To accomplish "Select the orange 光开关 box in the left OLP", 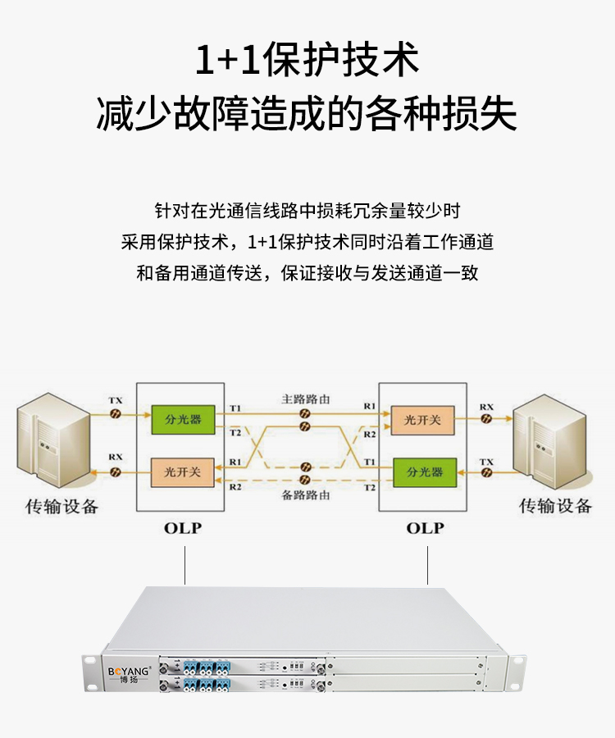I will (183, 471).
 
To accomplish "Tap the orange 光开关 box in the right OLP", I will (421, 420).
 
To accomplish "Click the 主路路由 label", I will (305, 399).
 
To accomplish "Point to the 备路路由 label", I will (305, 495).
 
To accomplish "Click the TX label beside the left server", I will (116, 400).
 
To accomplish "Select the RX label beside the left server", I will (116, 457).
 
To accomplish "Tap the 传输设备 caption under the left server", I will (61, 506).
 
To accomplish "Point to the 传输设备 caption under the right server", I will (555, 506).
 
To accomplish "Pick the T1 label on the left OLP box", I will (236, 408).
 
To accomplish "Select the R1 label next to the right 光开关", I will (370, 407).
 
